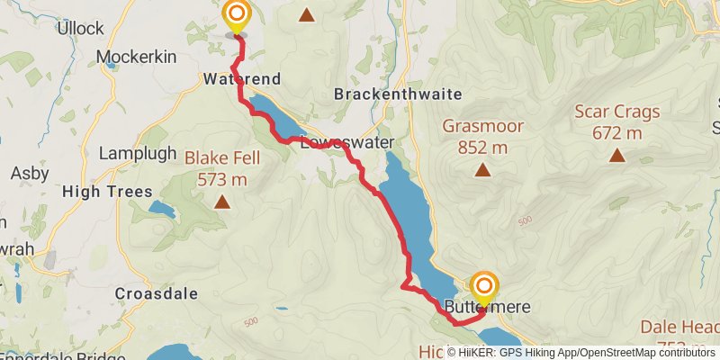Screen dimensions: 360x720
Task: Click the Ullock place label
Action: pyautogui.click(x=80, y=29)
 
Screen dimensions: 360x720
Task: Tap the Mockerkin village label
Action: pyautogui.click(x=133, y=57)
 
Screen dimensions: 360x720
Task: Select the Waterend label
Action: pyautogui.click(x=241, y=79)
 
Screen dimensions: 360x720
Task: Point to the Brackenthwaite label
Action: pyautogui.click(x=397, y=94)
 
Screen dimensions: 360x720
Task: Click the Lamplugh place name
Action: pyautogui.click(x=138, y=153)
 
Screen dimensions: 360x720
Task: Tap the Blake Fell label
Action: pyautogui.click(x=221, y=158)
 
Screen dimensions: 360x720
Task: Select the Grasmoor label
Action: pyautogui.click(x=482, y=125)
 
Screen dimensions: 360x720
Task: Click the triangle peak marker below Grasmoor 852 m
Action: pyautogui.click(x=482, y=168)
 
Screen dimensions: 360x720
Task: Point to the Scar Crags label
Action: pyautogui.click(x=616, y=112)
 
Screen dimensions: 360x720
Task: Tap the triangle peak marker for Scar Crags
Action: pyautogui.click(x=616, y=155)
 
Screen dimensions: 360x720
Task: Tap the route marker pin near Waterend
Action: pyautogui.click(x=237, y=16)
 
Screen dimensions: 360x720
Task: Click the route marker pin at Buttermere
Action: pyautogui.click(x=484, y=288)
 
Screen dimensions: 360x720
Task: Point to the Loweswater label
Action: pyautogui.click(x=336, y=143)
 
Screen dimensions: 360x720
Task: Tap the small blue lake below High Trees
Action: pyautogui.click(x=161, y=211)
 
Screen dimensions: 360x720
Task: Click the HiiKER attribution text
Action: pyautogui.click(x=581, y=352)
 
